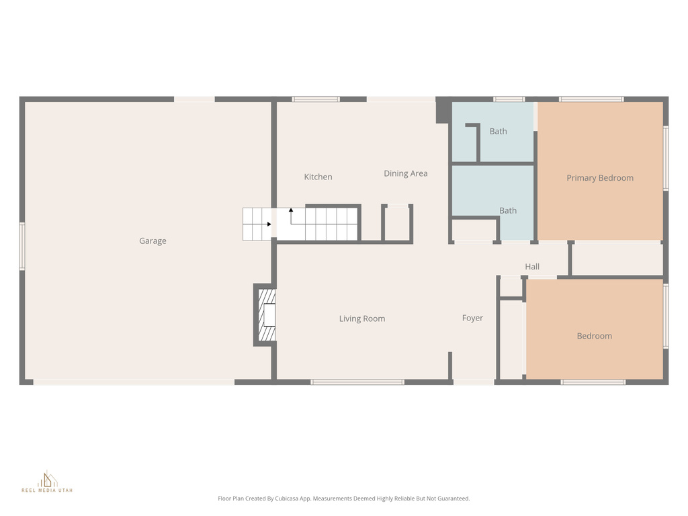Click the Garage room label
pos(153,241)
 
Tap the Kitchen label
pos(318,177)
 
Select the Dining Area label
pos(405,174)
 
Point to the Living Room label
pos(361,319)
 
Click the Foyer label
pos(472,318)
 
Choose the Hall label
pos(532,267)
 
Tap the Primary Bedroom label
pos(599,178)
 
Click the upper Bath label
pos(498,132)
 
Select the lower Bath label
pos(508,211)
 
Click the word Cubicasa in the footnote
pos(295,499)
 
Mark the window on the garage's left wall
pos(22,246)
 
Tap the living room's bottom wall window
pos(357,382)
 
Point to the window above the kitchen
pos(316,99)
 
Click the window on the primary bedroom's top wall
pos(591,99)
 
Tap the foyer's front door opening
pos(474,382)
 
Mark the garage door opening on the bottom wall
pos(134,382)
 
